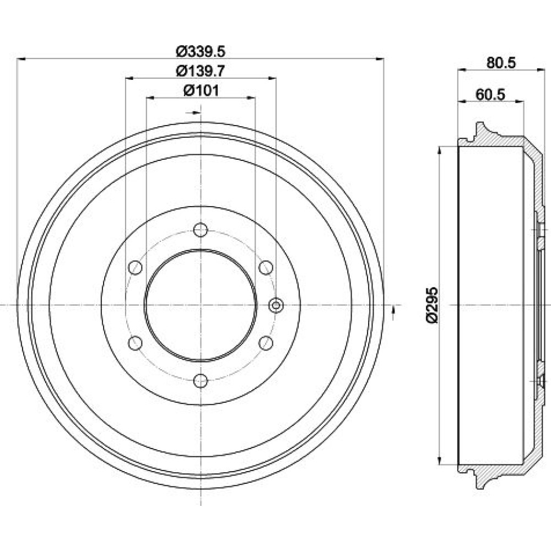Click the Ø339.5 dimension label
[x=201, y=52]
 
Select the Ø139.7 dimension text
[x=201, y=71]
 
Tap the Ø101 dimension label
[x=201, y=91]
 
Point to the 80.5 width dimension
[x=501, y=63]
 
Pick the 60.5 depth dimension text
[x=490, y=95]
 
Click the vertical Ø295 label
[x=432, y=305]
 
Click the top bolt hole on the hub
[x=201, y=230]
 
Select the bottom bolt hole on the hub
[x=201, y=381]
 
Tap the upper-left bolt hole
[x=136, y=268]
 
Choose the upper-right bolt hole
[x=266, y=268]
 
